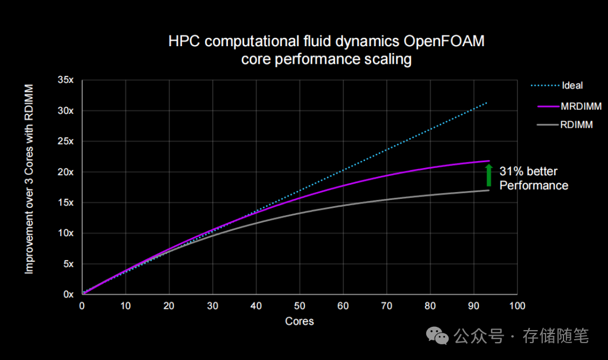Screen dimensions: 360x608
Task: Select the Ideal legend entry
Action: [x=572, y=86]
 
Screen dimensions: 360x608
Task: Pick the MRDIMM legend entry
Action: [x=576, y=106]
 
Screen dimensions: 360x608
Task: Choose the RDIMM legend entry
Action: [x=576, y=125]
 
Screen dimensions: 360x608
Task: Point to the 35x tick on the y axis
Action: [x=66, y=81]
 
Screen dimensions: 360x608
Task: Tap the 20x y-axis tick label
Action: [x=66, y=172]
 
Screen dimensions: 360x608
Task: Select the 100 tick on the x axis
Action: [x=517, y=306]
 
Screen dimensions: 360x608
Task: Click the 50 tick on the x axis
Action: [x=299, y=306]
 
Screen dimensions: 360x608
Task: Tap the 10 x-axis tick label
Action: [x=126, y=306]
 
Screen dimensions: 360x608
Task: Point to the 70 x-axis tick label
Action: [x=386, y=306]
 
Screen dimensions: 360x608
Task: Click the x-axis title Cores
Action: [x=299, y=321]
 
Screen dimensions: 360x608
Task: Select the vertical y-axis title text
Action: [x=29, y=180]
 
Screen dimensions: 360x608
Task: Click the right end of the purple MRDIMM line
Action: [x=489, y=161]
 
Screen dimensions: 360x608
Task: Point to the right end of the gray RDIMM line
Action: [x=488, y=190]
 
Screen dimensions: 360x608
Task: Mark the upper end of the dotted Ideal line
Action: [x=487, y=103]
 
